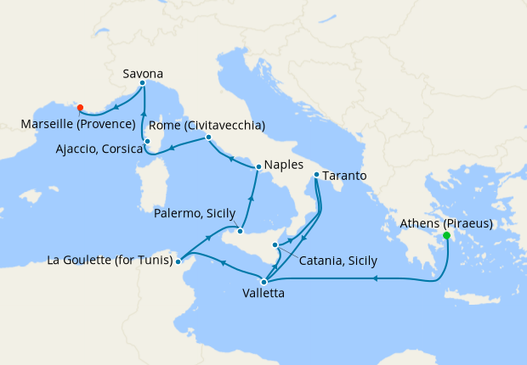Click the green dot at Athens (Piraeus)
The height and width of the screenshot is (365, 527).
[446, 235]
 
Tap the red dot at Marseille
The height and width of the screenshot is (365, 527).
[80, 108]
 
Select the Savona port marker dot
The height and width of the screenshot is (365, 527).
[142, 83]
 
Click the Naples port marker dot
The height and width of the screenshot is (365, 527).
[258, 166]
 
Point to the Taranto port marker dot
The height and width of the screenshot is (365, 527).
[316, 176]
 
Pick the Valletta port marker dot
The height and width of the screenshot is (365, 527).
[263, 281]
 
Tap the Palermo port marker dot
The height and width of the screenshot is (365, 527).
[241, 231]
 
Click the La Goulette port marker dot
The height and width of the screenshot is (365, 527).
[178, 261]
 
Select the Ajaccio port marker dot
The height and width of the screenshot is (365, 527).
[147, 142]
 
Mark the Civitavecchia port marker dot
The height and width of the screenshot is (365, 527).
[208, 138]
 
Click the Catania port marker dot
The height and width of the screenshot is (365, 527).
[274, 244]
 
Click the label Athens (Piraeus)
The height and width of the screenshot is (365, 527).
[449, 224]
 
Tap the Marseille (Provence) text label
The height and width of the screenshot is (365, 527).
[79, 124]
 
